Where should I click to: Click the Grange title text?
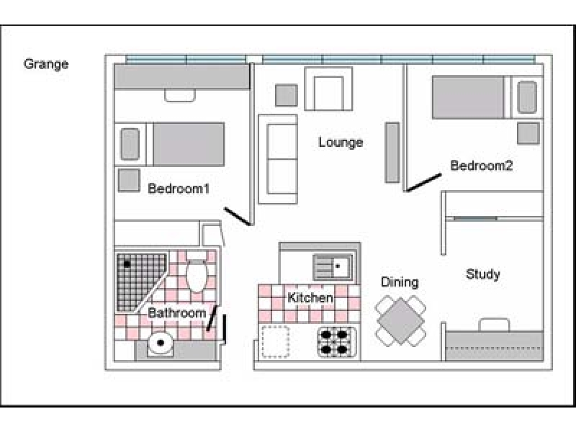(x=46, y=64)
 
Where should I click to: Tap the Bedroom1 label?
(x=178, y=189)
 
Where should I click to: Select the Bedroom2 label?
(x=481, y=166)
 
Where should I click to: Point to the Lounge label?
(x=341, y=143)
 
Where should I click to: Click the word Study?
(x=482, y=274)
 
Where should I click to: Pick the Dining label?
(x=400, y=282)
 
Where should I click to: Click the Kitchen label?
(x=310, y=298)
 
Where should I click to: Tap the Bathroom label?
(x=177, y=313)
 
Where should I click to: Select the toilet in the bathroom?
(x=197, y=273)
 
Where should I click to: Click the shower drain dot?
(x=127, y=264)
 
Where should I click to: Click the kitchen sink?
(x=332, y=268)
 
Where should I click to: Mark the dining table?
(x=400, y=320)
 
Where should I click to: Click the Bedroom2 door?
(x=423, y=182)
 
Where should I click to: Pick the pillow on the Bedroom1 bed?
(x=130, y=143)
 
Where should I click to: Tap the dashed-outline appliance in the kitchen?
(x=274, y=341)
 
